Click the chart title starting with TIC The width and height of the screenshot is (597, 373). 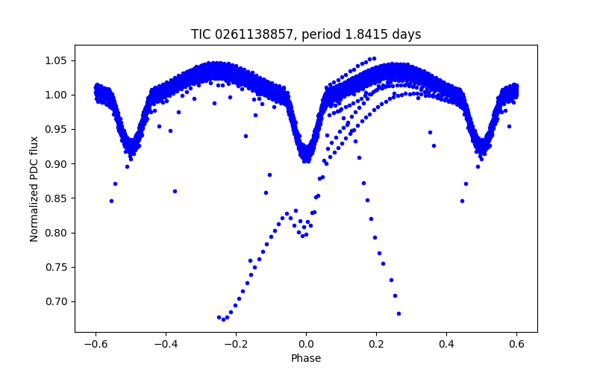[x=306, y=34]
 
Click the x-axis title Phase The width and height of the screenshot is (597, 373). [x=306, y=358]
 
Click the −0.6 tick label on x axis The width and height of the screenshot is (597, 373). [x=96, y=343]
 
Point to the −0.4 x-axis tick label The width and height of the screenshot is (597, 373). [x=166, y=343]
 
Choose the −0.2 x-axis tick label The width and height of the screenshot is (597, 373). [x=236, y=343]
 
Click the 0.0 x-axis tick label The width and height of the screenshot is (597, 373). [x=306, y=343]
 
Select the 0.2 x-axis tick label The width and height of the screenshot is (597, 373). [x=376, y=343]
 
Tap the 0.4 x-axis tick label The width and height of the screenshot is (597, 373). [x=446, y=343]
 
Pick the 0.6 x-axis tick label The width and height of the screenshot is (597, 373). [x=516, y=343]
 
